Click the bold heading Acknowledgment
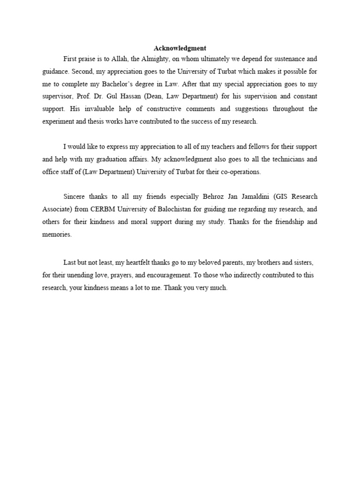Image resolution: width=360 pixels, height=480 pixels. click(180, 48)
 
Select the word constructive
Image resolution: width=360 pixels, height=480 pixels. click(156, 109)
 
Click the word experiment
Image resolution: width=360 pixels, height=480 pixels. click(55, 121)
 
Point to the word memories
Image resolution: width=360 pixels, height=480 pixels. click(56, 234)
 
